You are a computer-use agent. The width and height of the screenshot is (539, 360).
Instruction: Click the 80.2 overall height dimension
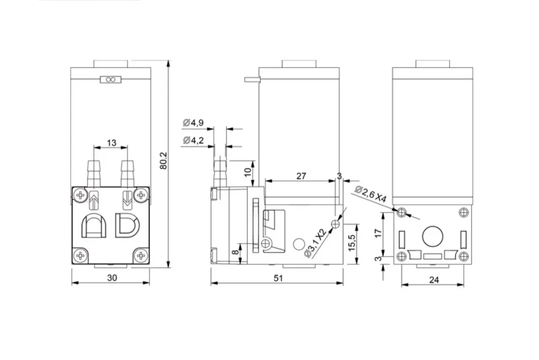click(x=164, y=161)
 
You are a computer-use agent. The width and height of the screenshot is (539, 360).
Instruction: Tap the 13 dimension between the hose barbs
click(x=112, y=143)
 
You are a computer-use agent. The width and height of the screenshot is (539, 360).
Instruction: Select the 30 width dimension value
click(x=112, y=277)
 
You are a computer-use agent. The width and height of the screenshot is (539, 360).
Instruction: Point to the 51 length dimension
click(x=278, y=278)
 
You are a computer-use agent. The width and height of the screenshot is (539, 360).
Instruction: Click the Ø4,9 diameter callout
click(x=193, y=122)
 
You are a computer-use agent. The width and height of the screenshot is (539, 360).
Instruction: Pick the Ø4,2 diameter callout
click(x=193, y=140)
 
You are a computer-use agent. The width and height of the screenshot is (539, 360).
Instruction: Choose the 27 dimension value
click(x=301, y=176)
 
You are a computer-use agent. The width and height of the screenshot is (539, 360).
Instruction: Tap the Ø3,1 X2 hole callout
click(x=315, y=243)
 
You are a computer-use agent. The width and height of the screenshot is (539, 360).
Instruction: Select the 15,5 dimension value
click(x=351, y=243)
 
